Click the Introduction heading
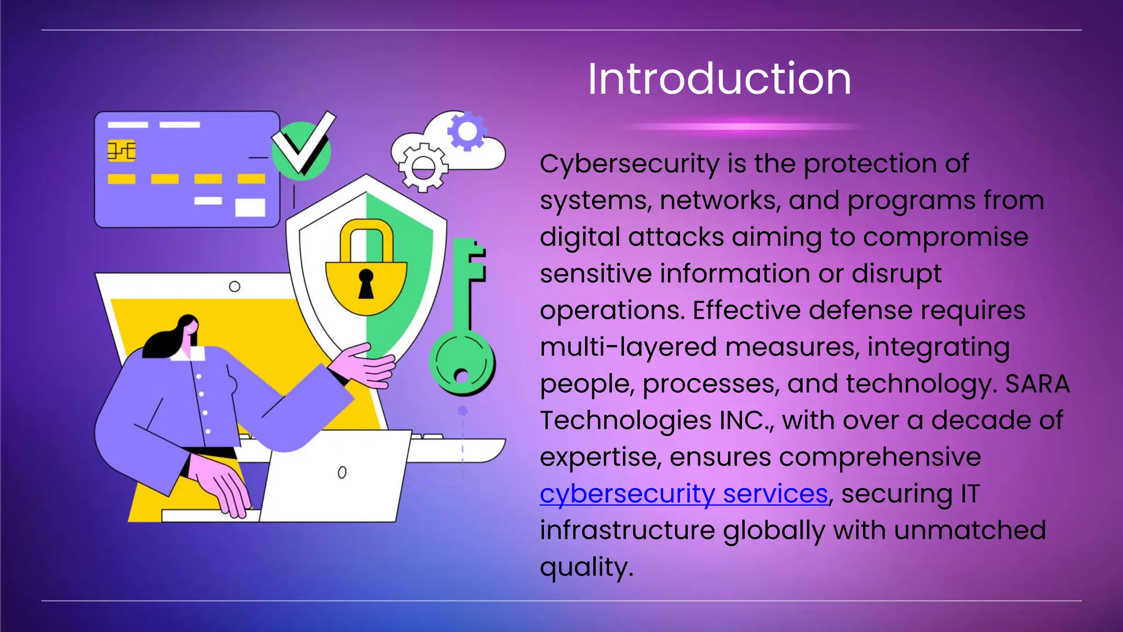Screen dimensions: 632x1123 coord(719,79)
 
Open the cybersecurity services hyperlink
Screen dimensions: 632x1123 coord(683,494)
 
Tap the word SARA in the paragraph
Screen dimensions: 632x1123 coord(1037,384)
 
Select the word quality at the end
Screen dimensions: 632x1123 coord(586,568)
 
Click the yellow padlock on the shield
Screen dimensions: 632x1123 coord(366,274)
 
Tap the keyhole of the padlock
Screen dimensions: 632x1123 coord(366,282)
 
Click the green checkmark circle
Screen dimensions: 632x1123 coord(302,150)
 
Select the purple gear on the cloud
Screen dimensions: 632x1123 coord(467,131)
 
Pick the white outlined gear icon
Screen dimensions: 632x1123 coord(423,167)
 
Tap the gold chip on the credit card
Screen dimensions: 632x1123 coord(121,150)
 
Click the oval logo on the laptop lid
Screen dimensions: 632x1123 coord(342,472)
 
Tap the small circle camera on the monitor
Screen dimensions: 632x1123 coord(234,286)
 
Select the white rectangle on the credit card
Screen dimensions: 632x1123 coord(250,208)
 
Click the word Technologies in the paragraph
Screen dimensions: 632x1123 coord(626,421)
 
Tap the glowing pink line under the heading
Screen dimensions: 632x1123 coord(740,127)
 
